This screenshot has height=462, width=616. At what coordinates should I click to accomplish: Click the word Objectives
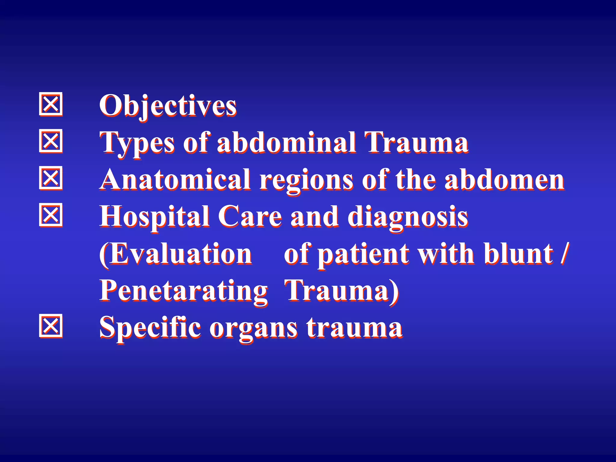pos(168,106)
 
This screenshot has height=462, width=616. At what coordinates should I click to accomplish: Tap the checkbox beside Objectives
pos(51,104)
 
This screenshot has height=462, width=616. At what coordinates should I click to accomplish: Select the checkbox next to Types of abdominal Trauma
pos(51,141)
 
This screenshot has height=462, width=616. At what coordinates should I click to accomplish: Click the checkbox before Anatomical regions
pos(51,178)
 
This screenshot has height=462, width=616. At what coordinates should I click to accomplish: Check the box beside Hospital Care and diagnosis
pos(51,215)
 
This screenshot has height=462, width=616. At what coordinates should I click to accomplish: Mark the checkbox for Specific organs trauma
pos(51,326)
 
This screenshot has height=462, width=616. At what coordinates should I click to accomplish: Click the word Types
pos(137,143)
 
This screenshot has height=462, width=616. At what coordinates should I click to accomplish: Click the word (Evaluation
pos(176,254)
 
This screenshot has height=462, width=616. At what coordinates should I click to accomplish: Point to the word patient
pos(363,255)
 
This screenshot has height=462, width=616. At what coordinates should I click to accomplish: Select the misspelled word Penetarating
pos(183,291)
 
